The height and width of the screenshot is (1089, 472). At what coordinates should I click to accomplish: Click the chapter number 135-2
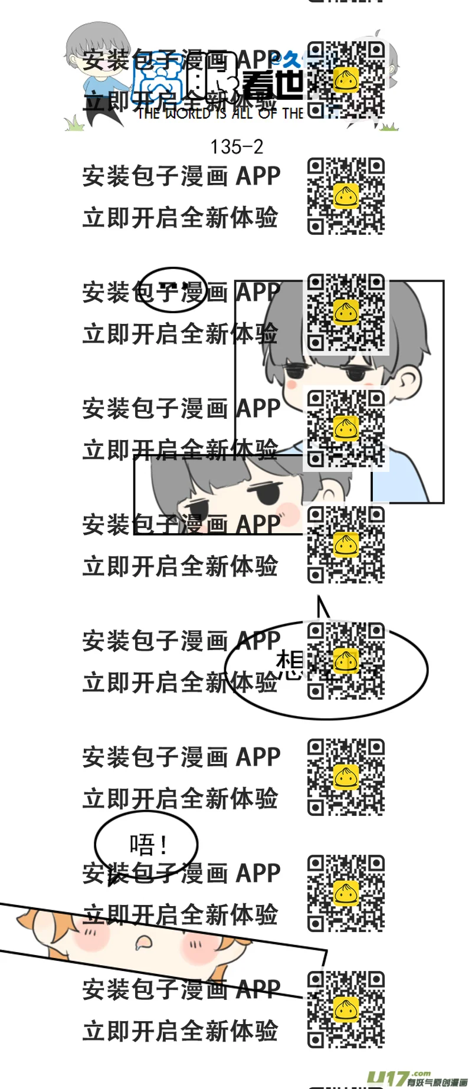click(x=236, y=147)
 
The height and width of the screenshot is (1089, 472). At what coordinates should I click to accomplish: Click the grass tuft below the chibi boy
click(x=74, y=123)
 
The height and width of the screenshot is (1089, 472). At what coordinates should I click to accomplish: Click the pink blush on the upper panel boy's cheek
click(x=291, y=383)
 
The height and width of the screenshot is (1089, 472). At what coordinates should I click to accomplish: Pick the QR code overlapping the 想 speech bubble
click(x=346, y=661)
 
